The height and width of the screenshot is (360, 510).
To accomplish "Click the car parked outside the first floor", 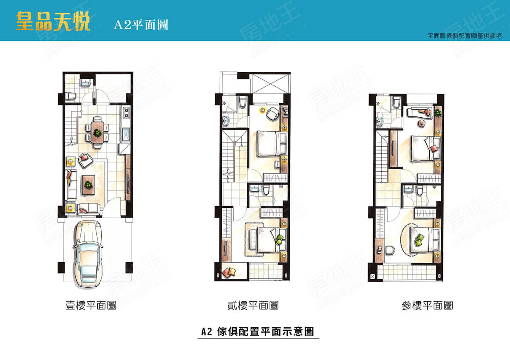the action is coord(88,254).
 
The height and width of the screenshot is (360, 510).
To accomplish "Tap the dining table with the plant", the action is coord(97,132).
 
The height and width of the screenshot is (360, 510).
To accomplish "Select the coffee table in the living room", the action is coord(88,184).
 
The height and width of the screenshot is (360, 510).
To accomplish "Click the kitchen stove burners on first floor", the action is coord(126,113).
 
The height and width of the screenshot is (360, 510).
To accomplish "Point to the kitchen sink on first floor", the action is coord(126,134).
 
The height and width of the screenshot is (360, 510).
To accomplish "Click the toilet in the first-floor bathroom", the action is coord(70,96).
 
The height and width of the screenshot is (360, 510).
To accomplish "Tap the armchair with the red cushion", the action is coord(85,160).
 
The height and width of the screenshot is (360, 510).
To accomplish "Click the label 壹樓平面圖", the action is coord(91,305).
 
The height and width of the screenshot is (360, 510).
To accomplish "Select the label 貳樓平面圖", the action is coord(253,305).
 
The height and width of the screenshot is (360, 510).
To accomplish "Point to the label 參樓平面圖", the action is coord(427,305).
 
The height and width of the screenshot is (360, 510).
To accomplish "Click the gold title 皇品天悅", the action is coord(53,21).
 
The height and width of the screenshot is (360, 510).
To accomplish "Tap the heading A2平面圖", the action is coord(141,25).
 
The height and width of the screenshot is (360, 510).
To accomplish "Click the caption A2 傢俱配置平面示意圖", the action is coord(258,332).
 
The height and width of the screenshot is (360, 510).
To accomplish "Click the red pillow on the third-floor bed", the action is coord(434,148).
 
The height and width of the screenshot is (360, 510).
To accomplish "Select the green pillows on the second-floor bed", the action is coord(280,240).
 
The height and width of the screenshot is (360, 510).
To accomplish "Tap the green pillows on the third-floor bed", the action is coord(419,240).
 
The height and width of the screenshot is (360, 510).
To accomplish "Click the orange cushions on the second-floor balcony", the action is coord(229,272).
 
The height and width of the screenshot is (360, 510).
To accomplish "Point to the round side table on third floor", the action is coord(422,123).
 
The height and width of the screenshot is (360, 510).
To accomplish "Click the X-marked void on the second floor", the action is coord(270,83).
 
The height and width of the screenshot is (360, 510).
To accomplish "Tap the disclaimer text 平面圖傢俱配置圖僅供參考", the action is coord(465,36).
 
